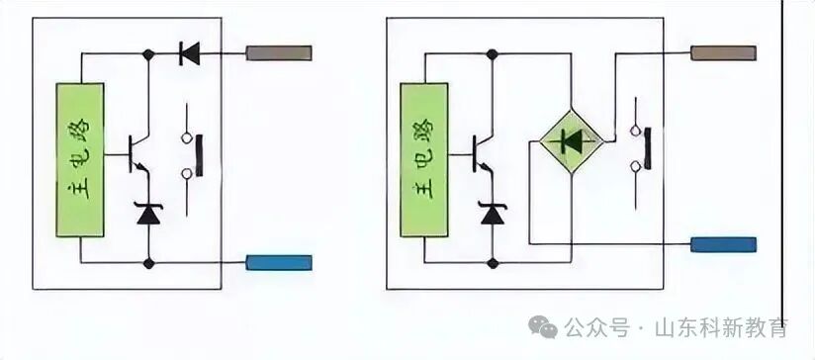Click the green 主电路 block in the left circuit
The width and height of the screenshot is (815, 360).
80,158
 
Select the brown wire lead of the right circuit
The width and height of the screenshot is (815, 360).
723,51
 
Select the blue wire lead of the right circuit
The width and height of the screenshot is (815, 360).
723,244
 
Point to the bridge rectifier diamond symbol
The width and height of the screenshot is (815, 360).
570,142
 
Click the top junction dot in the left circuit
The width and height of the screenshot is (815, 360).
148,56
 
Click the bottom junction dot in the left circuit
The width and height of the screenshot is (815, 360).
148,263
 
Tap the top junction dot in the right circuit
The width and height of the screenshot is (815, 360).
492,56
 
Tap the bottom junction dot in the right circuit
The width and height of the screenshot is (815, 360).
492,263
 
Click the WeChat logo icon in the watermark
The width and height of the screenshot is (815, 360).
544,326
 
